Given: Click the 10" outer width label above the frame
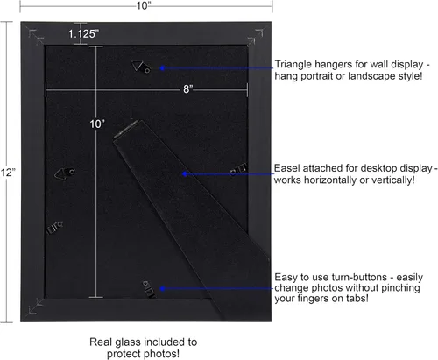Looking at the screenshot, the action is pos(144,5).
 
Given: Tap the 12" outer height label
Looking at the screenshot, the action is pos(8,173).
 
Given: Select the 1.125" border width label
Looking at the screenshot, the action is pos(83,34).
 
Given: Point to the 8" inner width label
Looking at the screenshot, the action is pos(187,88).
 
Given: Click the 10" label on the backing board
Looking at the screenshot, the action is pos(97,124).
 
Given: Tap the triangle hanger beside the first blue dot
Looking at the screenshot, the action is pos(141,67).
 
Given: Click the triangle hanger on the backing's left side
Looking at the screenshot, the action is pos(65,173).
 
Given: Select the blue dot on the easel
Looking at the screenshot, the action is pos(184,174).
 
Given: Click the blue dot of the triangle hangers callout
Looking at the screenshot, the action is pos(162,68).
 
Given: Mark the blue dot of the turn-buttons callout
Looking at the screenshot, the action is pos(163,288).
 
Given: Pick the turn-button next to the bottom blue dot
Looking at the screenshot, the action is pos(148,289).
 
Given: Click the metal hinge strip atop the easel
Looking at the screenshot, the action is pos(125,129).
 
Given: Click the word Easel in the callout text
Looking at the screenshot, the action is pos(286,168).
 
